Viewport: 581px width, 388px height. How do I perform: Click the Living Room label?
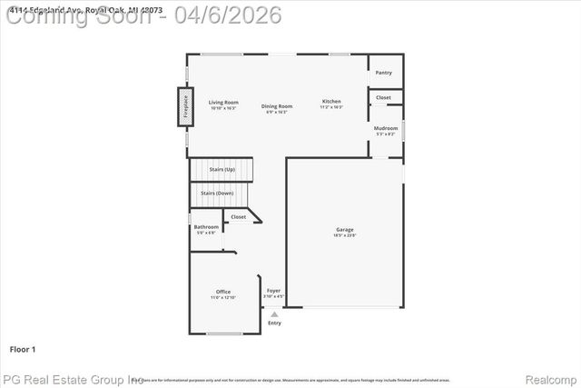pyautogui.click(x=223, y=102)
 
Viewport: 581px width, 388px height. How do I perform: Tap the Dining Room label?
pyautogui.click(x=277, y=106)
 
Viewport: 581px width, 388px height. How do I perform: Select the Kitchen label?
pyautogui.click(x=331, y=101)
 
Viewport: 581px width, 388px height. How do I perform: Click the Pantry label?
pyautogui.click(x=384, y=72)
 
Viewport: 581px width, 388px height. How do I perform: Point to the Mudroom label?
pyautogui.click(x=386, y=128)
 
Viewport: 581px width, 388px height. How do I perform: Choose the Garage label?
pyautogui.click(x=345, y=230)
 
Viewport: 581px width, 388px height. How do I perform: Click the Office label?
pyautogui.click(x=223, y=292)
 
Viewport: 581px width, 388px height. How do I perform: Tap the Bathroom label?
pyautogui.click(x=206, y=226)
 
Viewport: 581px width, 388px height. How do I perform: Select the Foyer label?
pyautogui.click(x=273, y=291)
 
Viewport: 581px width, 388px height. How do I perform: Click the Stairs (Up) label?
pyautogui.click(x=222, y=169)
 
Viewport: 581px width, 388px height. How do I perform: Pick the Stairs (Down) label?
pyautogui.click(x=218, y=193)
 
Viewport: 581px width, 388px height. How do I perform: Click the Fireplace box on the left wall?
pyautogui.click(x=184, y=106)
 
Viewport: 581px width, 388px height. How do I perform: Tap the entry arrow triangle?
pyautogui.click(x=274, y=314)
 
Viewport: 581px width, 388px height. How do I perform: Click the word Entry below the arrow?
pyautogui.click(x=274, y=323)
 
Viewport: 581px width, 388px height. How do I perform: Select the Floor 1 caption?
pyautogui.click(x=23, y=349)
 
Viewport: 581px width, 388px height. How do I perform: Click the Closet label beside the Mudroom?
pyautogui.click(x=384, y=97)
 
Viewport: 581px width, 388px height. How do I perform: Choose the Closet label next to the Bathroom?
pyautogui.click(x=238, y=216)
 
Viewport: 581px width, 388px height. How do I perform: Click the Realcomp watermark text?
pyautogui.click(x=551, y=378)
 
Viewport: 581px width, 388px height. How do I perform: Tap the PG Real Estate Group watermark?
pyautogui.click(x=73, y=378)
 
